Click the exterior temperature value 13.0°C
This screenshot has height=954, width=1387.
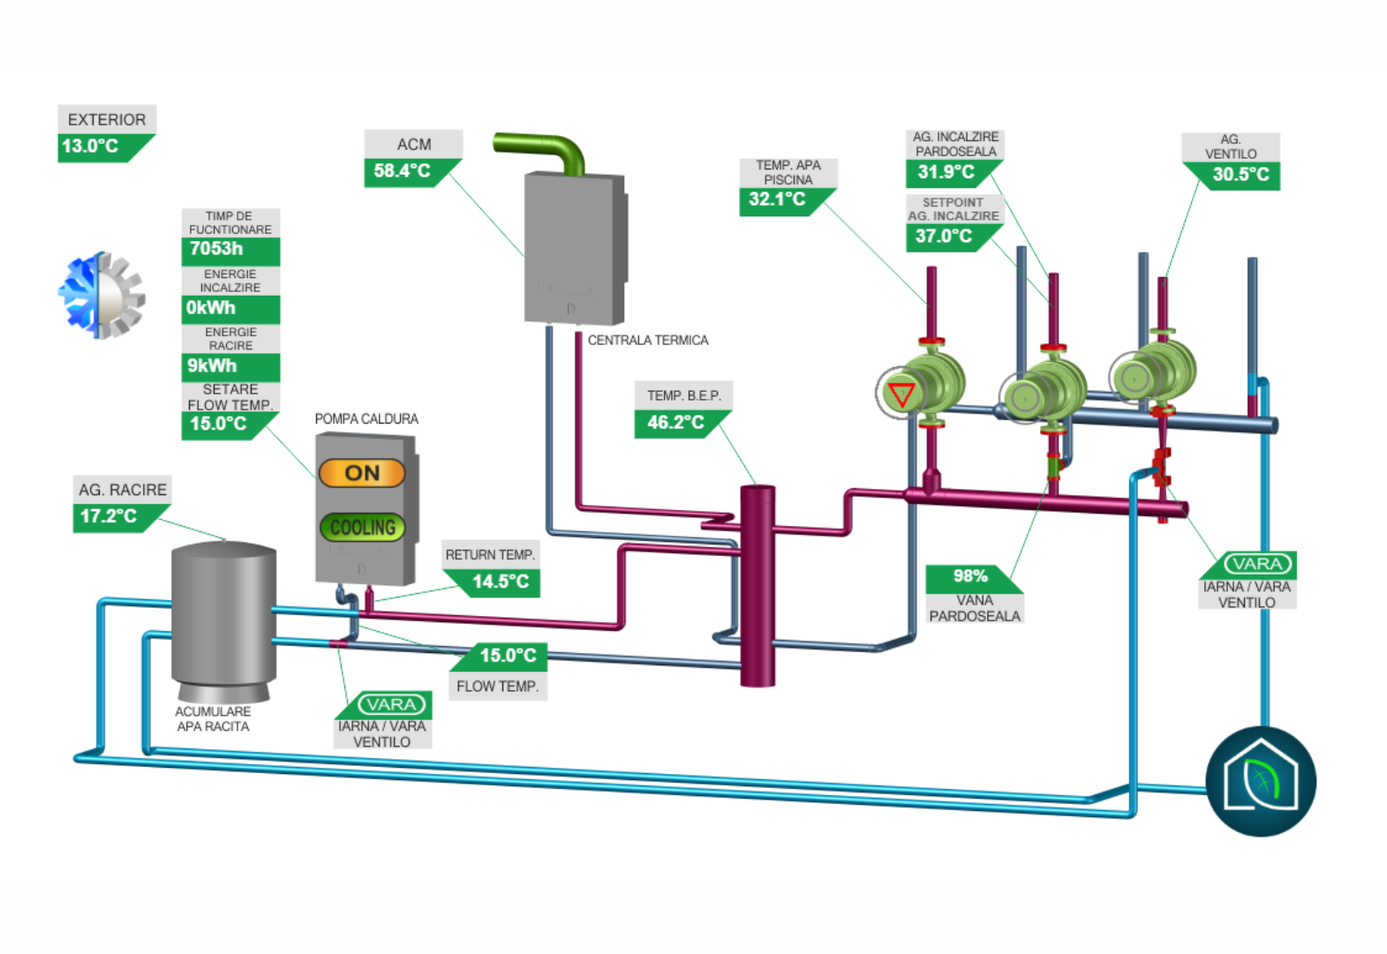tap(91, 146)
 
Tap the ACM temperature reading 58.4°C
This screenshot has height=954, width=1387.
tap(403, 171)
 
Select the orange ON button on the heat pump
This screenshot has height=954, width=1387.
tap(362, 473)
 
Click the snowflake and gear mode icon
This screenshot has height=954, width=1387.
tap(102, 296)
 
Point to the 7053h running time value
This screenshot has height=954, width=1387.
tap(217, 249)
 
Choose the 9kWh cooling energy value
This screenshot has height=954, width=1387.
tap(213, 366)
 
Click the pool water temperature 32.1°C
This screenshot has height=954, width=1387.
tap(777, 199)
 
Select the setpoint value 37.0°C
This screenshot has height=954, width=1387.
tap(944, 237)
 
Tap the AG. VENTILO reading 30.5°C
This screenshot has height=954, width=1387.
tap(1240, 175)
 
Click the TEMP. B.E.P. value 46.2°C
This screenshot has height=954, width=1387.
tap(675, 423)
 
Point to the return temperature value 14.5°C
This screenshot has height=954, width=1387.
tap(501, 582)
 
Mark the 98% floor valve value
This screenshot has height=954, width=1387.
tap(970, 576)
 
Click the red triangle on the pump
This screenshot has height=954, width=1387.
tap(901, 394)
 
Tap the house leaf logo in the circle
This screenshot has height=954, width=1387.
tap(1261, 781)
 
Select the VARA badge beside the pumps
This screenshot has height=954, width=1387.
tap(1257, 564)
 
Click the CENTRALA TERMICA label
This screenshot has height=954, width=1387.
tap(648, 341)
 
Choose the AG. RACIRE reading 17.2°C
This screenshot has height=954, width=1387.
tap(109, 516)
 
